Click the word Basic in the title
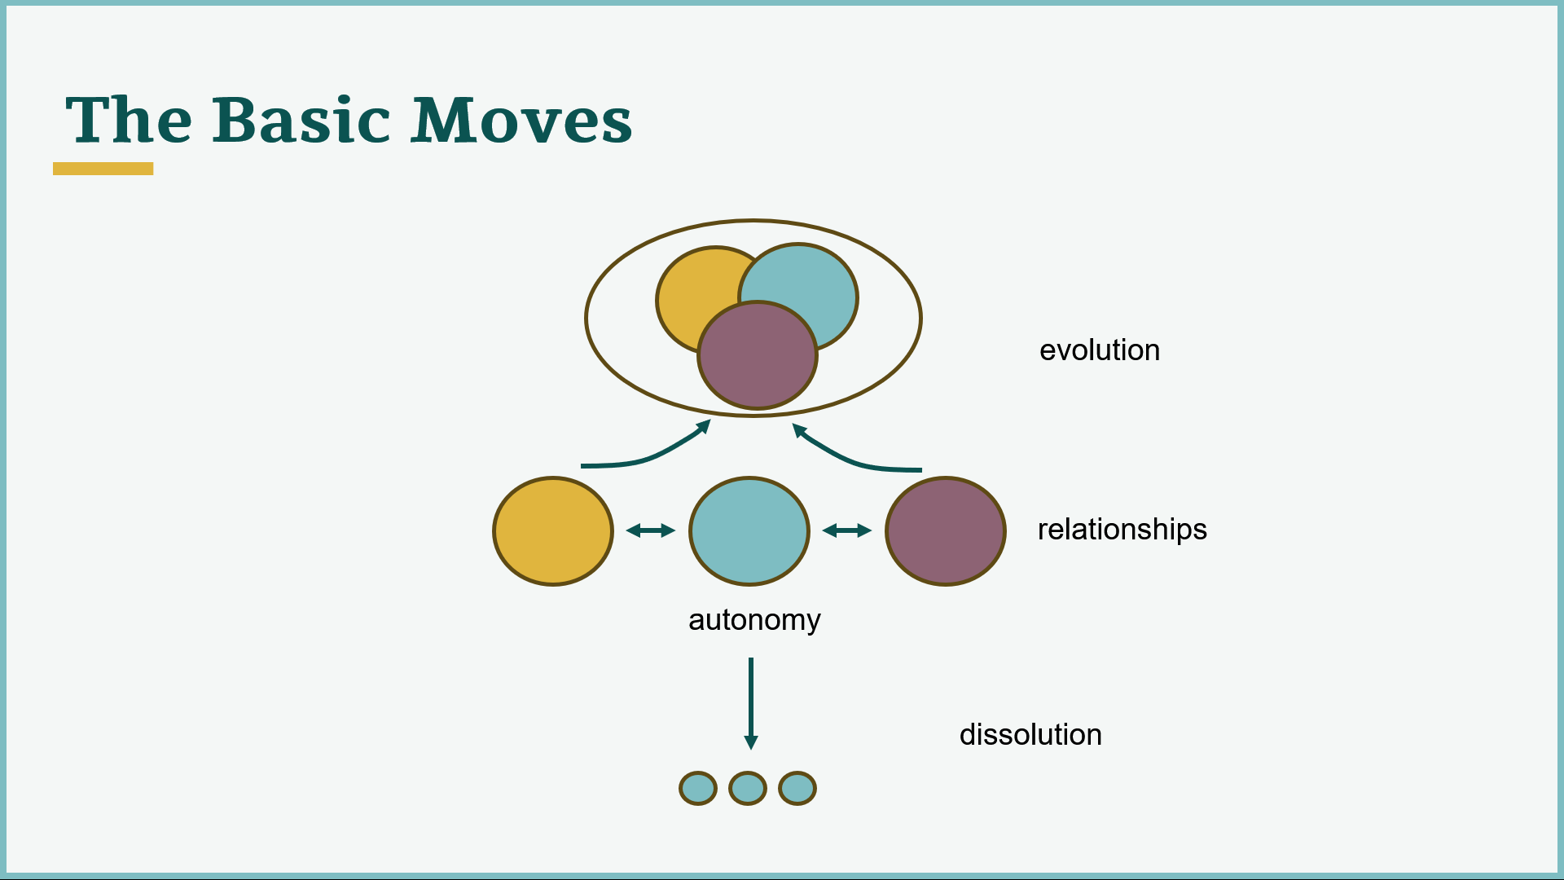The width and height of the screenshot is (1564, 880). point(301,120)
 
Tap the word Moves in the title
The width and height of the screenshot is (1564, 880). point(521,120)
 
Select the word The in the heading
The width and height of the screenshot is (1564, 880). point(129,120)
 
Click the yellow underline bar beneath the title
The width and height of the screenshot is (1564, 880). point(103,169)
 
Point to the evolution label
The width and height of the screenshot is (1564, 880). point(1100,350)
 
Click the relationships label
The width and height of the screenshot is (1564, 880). point(1122,530)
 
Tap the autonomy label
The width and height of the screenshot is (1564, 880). point(754,621)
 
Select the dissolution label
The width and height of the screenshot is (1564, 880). point(1030,735)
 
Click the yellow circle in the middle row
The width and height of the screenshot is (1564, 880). point(553,531)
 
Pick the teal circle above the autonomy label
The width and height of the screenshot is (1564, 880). point(749,531)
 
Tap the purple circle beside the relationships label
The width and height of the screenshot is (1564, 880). point(946,531)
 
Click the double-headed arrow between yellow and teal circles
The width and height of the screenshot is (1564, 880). point(651,530)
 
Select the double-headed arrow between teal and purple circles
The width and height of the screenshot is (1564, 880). point(847,530)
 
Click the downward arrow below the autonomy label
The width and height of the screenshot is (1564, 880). point(751,703)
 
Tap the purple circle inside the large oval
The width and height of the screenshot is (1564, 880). point(758,355)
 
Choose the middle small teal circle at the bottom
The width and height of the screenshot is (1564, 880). point(748,789)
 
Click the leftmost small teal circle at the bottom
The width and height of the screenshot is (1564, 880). point(698,789)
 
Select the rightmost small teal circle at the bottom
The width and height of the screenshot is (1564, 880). point(797,789)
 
